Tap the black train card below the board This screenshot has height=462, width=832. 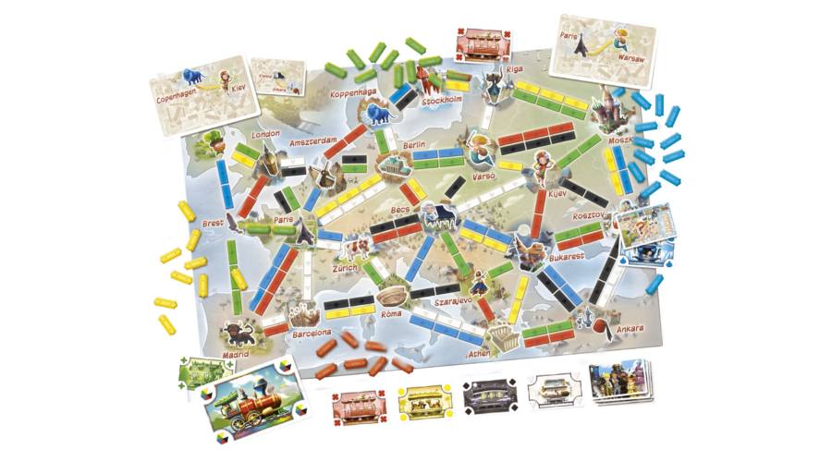(x=491, y=397)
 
